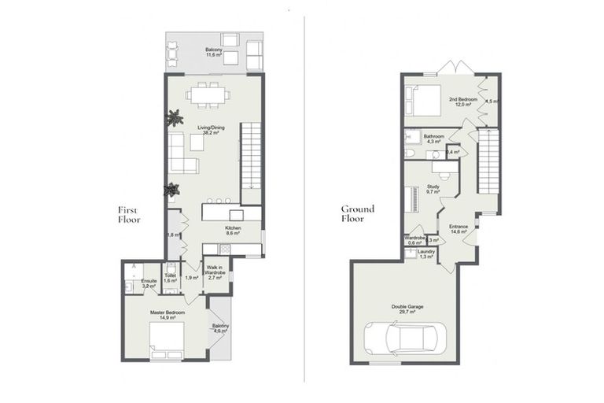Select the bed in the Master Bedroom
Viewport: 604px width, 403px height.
coord(167,339)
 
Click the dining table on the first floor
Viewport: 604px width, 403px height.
coord(208,94)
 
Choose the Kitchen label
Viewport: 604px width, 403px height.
coord(232,227)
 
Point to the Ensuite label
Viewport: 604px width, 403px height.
coord(149,281)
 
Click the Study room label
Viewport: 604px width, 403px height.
coord(433,187)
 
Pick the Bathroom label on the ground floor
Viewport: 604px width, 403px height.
coord(434,136)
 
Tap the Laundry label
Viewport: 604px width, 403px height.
coord(427,251)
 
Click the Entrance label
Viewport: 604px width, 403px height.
coord(459,227)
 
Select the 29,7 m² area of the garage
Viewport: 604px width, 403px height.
coord(407,312)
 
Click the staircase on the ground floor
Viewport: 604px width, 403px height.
coord(489,165)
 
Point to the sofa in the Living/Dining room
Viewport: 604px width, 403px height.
coord(182,154)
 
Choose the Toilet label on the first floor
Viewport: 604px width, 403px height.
coord(170,275)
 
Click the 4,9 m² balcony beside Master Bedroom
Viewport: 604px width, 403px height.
coord(219,327)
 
